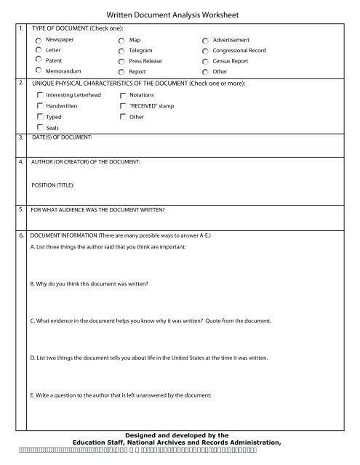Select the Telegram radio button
pos(121,51)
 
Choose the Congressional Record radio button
pos(207,51)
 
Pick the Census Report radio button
pos(207,62)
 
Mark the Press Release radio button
pos(121,62)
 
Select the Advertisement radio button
pos(207,40)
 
